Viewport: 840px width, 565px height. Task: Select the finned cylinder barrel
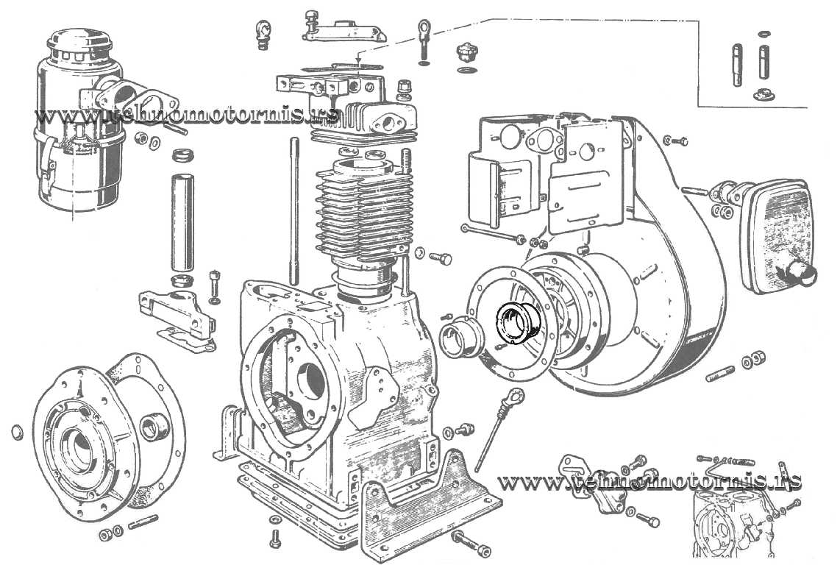pos(364,214)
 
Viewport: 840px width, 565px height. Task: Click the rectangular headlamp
pos(777,236)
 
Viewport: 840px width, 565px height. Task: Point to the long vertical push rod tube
pos(182,225)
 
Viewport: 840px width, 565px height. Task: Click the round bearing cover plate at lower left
pos(107,434)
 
